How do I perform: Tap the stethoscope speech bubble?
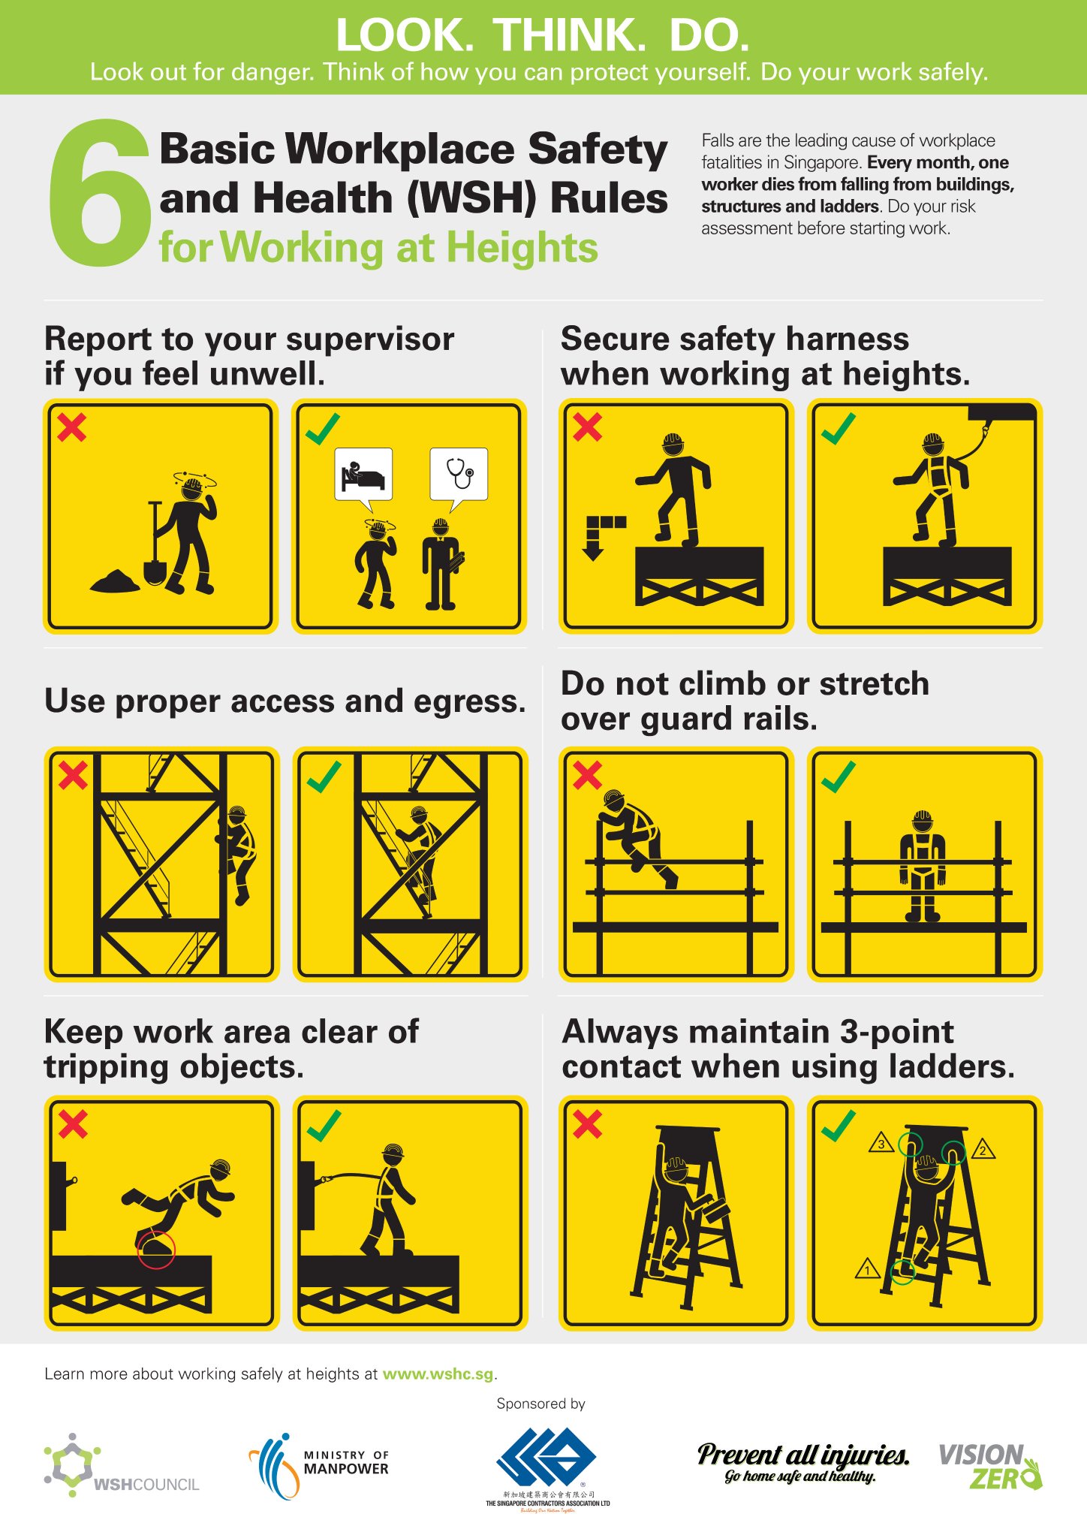tap(459, 475)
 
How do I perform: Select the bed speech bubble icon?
tap(363, 475)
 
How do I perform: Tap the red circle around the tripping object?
tap(156, 1250)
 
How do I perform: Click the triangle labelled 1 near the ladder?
tap(868, 1270)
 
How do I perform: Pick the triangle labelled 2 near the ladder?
tap(983, 1150)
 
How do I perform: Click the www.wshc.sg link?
tap(438, 1374)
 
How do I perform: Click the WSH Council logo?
tap(120, 1465)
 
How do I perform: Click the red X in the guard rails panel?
tap(587, 774)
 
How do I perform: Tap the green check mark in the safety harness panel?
tap(839, 428)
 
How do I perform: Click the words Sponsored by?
tap(540, 1404)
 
